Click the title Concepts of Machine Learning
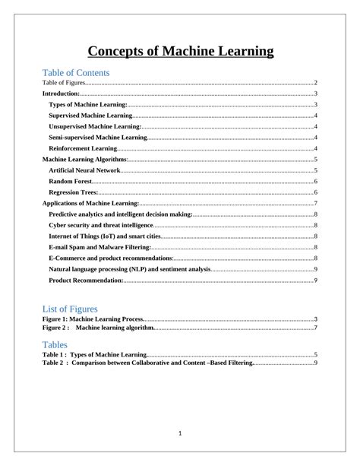180,52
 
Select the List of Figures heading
70,309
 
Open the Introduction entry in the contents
60,93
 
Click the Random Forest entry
70,182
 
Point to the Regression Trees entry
73,192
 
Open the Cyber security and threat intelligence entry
100,226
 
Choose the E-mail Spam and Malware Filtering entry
99,248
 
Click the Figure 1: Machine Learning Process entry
92,319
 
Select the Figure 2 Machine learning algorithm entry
99,328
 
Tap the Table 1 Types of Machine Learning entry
94,355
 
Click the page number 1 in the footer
180,433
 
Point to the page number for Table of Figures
315,82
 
